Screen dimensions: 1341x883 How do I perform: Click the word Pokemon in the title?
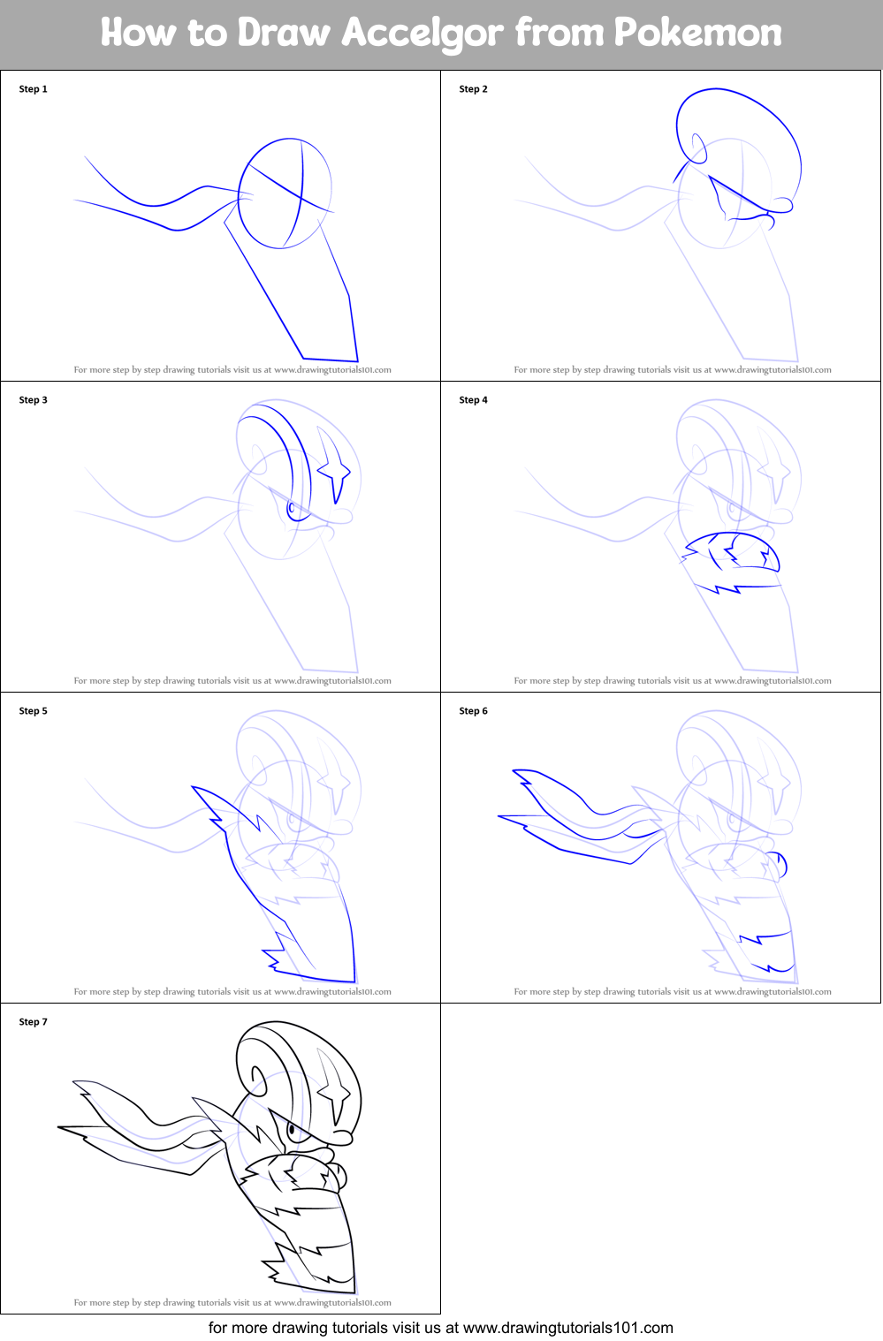pos(697,34)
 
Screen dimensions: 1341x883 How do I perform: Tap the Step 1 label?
pos(34,89)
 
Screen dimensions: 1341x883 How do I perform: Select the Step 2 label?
pos(474,89)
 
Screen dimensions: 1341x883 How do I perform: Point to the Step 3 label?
pos(34,400)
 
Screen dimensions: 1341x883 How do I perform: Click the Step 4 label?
pos(474,400)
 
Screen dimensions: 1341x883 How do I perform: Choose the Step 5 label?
pos(34,711)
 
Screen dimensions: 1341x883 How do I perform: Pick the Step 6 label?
pos(474,711)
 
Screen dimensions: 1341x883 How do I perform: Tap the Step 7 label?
pos(34,1022)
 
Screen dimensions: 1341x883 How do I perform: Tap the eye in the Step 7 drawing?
pos(293,1130)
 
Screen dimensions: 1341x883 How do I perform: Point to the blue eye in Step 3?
pos(292,508)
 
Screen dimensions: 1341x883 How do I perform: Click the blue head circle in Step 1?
pos(285,193)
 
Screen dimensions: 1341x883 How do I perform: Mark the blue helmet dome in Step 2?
pos(738,133)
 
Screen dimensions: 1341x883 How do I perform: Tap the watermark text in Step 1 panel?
pos(232,370)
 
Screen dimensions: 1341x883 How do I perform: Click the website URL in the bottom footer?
pos(567,1328)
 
